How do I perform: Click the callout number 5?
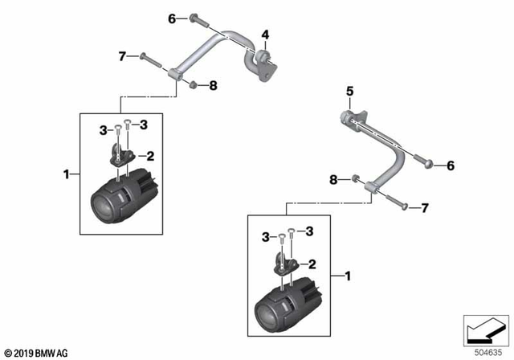[349, 92]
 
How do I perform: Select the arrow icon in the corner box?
[483, 329]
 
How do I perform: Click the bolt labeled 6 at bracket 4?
[197, 18]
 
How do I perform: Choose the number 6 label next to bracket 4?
[172, 18]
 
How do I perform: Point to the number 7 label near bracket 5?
[425, 208]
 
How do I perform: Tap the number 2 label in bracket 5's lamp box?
[311, 264]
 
